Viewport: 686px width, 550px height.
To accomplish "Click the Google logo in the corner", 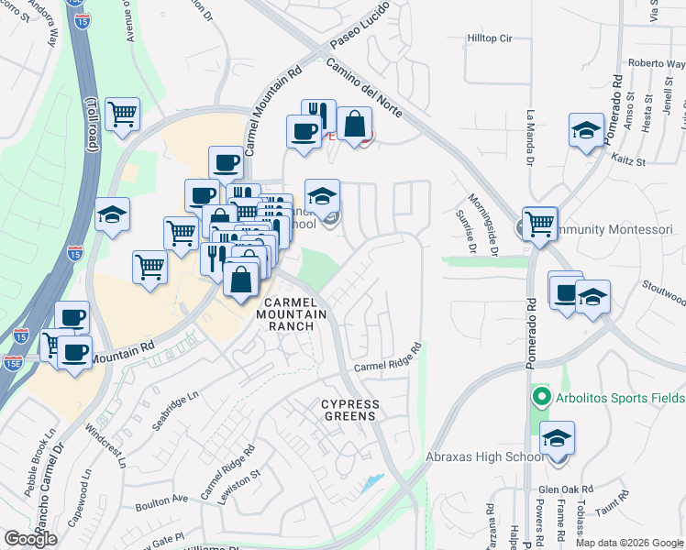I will click(x=31, y=539).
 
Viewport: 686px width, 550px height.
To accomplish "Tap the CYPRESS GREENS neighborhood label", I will click(x=349, y=410).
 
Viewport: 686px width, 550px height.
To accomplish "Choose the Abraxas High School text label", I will click(x=486, y=457).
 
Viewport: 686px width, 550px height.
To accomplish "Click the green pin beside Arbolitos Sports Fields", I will click(x=541, y=398).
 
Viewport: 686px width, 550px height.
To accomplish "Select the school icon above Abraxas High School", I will click(x=557, y=439).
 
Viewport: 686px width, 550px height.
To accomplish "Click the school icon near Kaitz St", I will click(x=586, y=130).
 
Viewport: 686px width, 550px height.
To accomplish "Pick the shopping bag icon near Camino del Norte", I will click(x=354, y=124).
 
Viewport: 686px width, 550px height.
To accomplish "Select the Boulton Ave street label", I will click(x=161, y=501).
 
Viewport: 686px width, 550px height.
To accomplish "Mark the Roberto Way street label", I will click(x=657, y=64).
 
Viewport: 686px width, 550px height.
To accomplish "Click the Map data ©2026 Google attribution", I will click(x=630, y=543).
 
